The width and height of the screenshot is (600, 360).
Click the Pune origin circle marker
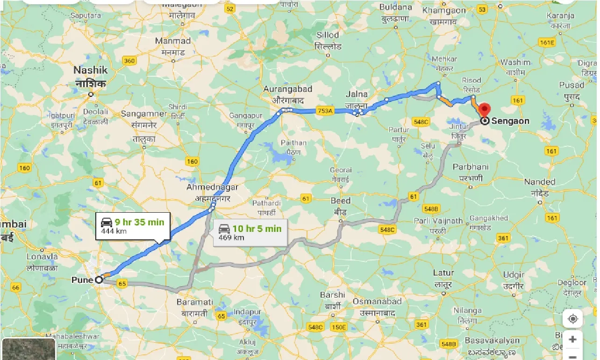(x=99, y=280)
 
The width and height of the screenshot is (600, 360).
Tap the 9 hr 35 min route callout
(x=133, y=226)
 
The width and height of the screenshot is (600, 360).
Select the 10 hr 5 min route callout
(x=250, y=232)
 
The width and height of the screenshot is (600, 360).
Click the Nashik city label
(x=91, y=71)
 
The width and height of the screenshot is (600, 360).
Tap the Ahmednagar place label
(x=212, y=187)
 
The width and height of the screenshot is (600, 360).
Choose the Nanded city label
(x=539, y=182)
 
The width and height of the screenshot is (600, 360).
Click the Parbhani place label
(x=471, y=167)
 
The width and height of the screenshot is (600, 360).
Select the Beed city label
(x=340, y=201)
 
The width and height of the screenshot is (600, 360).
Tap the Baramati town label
(x=195, y=302)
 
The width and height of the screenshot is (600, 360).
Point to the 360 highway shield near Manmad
(x=129, y=61)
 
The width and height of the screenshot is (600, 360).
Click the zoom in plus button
(x=572, y=339)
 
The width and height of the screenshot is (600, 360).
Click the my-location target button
(x=572, y=319)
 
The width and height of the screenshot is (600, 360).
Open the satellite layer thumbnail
(x=29, y=349)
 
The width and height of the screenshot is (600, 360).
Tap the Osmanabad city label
(x=377, y=302)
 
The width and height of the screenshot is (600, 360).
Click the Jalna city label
(x=357, y=94)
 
